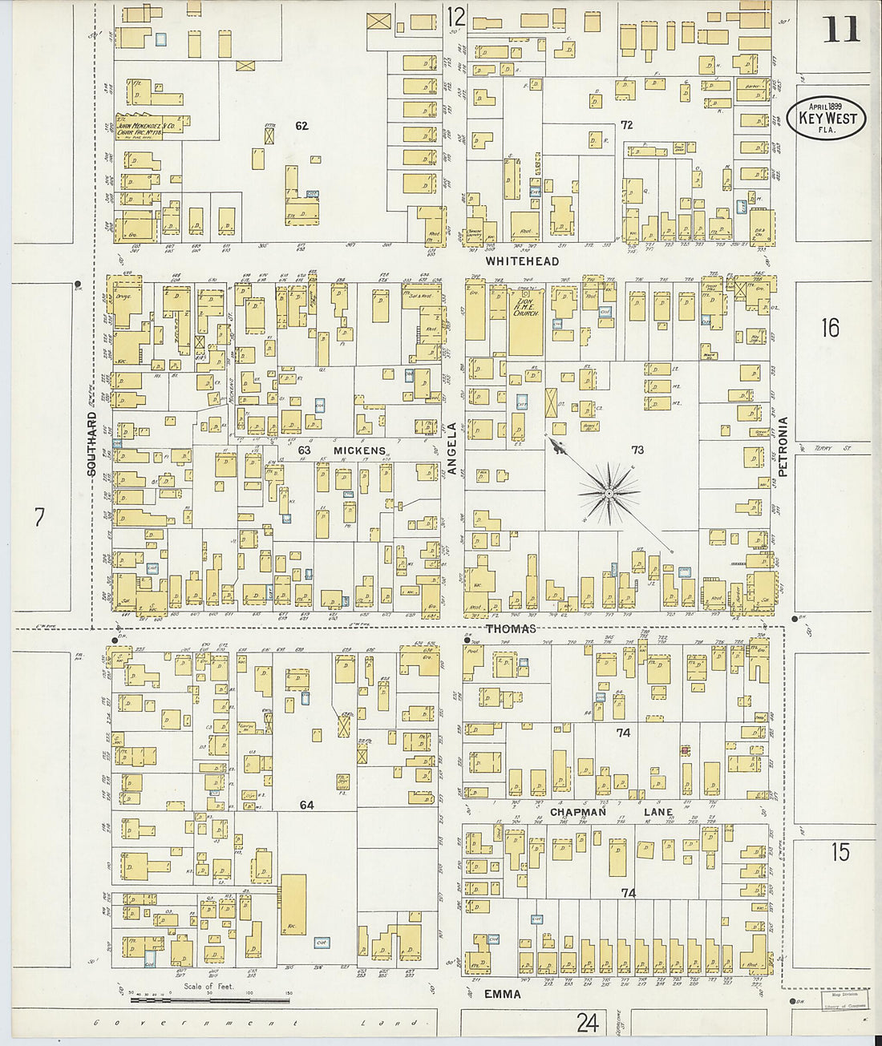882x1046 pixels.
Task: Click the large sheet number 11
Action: pyautogui.click(x=840, y=30)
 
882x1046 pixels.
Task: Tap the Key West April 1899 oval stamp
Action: pyautogui.click(x=826, y=118)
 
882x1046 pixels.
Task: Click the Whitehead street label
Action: pyautogui.click(x=522, y=261)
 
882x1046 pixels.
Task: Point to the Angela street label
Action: pyautogui.click(x=452, y=449)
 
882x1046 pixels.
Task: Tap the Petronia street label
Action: pyautogui.click(x=783, y=447)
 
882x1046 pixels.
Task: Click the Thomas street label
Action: pyautogui.click(x=511, y=629)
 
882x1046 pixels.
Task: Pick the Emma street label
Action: pyautogui.click(x=502, y=994)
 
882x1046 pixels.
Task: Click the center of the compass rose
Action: pyautogui.click(x=609, y=493)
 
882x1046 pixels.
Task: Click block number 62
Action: pyautogui.click(x=301, y=125)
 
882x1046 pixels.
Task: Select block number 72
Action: pyautogui.click(x=626, y=125)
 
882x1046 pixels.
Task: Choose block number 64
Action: pyautogui.click(x=306, y=805)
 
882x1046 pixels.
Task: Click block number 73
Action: pyautogui.click(x=637, y=450)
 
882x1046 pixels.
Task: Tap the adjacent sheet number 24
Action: pyautogui.click(x=587, y=1023)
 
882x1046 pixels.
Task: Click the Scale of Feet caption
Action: pyautogui.click(x=208, y=986)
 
